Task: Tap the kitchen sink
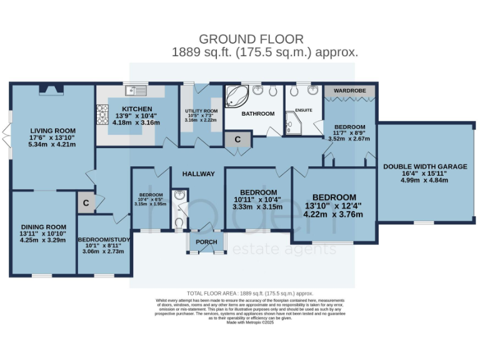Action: coord(134,91)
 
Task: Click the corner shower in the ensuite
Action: coord(292,122)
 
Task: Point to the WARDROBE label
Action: coord(349,91)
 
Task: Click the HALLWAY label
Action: coord(198,174)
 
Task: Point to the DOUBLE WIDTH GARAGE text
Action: coord(425,166)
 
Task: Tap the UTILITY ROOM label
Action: coord(201,112)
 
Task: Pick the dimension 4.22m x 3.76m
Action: coord(333,214)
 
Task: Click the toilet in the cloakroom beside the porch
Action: coord(179,222)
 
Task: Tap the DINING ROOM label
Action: coord(43,227)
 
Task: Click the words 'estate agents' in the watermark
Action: coord(284,250)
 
